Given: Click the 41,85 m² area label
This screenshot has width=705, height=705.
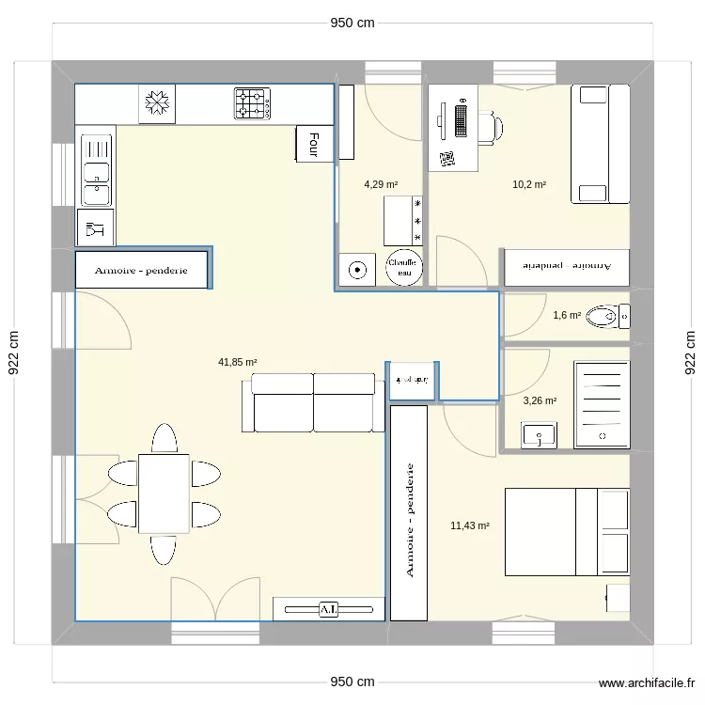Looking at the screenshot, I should [x=238, y=361].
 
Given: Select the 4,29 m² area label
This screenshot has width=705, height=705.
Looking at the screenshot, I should [x=381, y=185].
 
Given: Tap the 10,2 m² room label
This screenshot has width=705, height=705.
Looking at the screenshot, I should [x=529, y=185].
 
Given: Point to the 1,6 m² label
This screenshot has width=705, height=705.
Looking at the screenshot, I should [x=567, y=316].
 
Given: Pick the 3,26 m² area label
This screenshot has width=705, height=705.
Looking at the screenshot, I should [x=540, y=401].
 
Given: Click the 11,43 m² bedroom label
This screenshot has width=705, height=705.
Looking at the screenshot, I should [x=470, y=526].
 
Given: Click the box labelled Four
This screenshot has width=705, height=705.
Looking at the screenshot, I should [x=314, y=144].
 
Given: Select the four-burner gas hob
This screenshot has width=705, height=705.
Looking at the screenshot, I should [x=252, y=103].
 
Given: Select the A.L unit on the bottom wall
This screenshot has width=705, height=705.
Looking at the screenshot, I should [x=328, y=609].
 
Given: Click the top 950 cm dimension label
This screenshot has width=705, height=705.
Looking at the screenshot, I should [x=352, y=23].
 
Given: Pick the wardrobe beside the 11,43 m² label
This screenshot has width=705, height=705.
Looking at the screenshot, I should [x=409, y=513].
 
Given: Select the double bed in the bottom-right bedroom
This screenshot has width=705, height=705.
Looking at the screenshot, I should [x=567, y=531].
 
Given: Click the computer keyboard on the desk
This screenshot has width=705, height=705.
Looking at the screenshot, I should [x=460, y=119].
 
